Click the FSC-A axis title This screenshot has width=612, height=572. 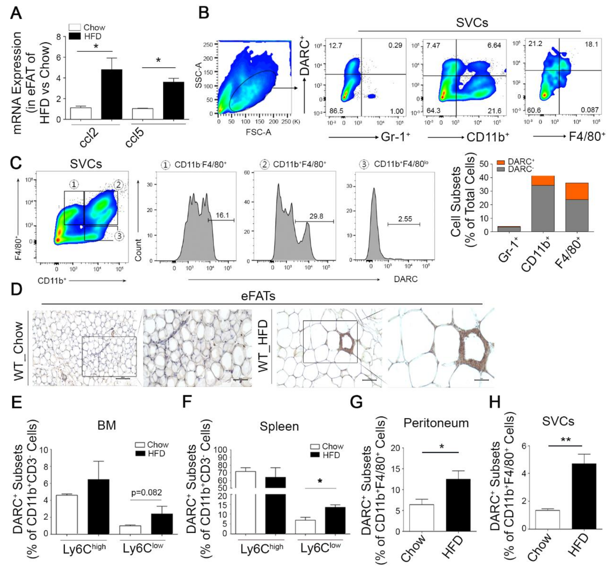tap(258, 132)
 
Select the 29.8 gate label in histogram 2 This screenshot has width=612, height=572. tap(316, 216)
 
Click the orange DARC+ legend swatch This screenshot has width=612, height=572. tap(501, 162)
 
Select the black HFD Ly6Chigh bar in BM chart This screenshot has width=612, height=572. tap(99, 507)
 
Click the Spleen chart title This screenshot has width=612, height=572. tap(279, 426)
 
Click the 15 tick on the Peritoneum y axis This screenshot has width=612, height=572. tap(396, 469)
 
